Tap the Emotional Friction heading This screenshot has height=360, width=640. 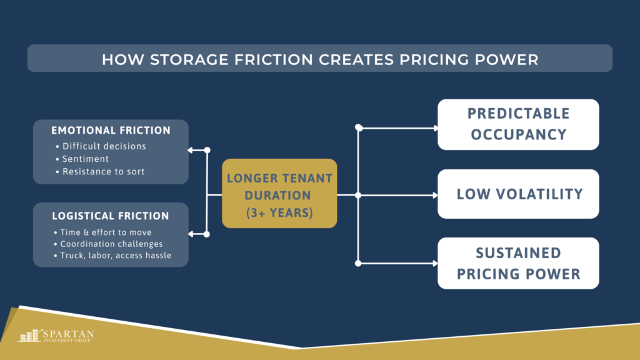coord(111,131)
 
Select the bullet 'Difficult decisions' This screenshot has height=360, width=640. coord(104,146)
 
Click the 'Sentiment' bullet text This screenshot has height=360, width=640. coord(86,159)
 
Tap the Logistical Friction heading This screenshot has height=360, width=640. coord(110,216)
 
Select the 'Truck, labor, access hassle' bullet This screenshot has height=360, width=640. coord(116,255)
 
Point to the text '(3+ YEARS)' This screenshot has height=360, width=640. coord(279,212)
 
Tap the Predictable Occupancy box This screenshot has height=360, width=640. coord(518,124)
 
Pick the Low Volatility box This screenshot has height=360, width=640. coord(518,194)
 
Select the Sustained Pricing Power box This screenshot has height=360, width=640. coord(518,263)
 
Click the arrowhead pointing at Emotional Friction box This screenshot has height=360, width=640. coord(191,150)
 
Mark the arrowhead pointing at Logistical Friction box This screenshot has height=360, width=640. coord(191,234)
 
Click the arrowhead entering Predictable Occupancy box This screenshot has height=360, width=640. coord(435,128)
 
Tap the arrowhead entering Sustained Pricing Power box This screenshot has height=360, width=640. coord(435,263)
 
